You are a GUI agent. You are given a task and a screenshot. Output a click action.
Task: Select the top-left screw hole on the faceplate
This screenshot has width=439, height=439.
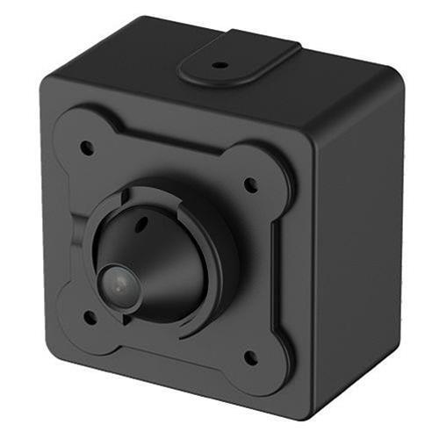tap(87, 148)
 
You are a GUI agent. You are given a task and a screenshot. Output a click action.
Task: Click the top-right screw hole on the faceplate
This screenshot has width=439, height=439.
tap(250, 184)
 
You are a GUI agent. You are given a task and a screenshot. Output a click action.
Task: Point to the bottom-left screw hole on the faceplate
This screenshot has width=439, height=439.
tap(89, 315)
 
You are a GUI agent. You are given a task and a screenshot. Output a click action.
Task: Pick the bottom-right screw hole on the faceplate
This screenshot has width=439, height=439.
tap(249, 357)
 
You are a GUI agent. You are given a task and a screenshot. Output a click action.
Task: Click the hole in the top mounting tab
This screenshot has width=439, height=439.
tap(219, 64)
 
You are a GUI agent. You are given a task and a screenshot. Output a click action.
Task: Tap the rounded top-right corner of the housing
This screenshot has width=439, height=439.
tap(393, 83)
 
